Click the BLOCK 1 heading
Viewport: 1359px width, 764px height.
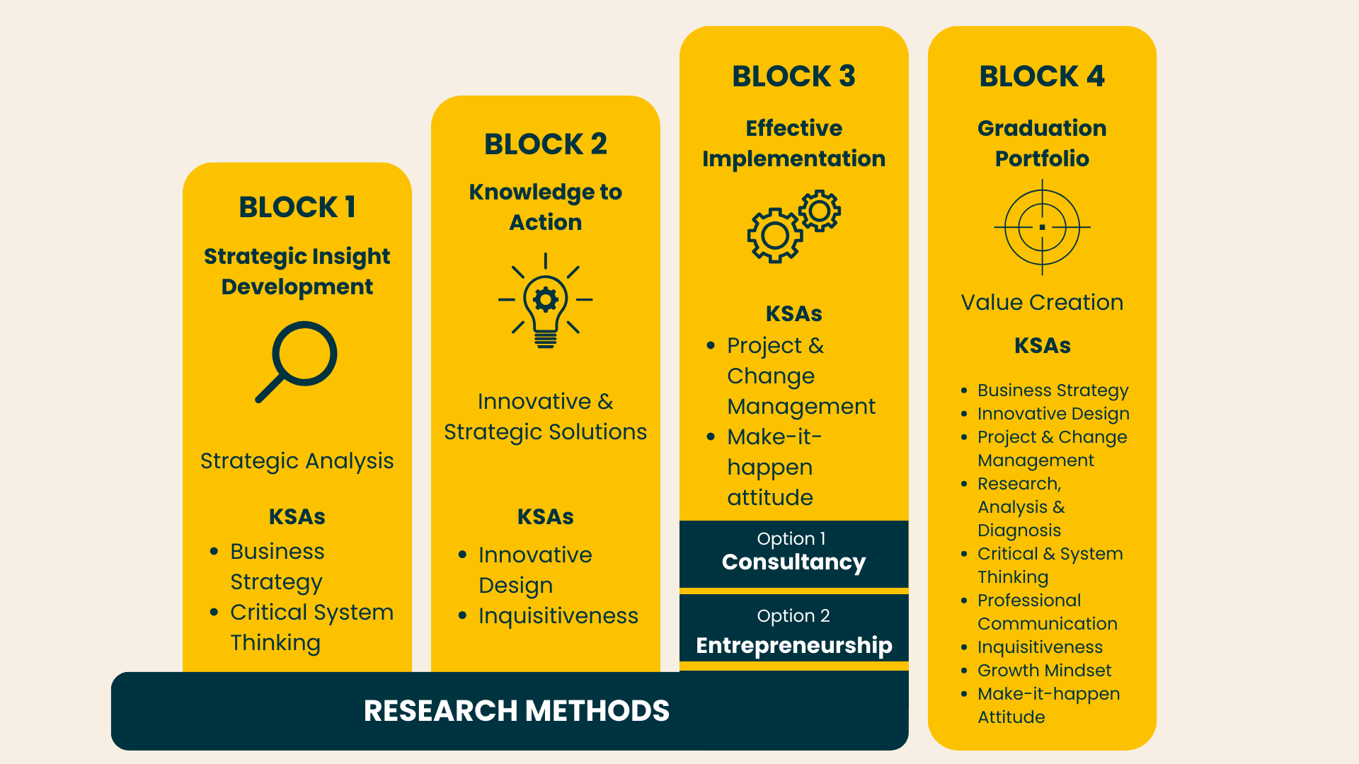[x=297, y=207]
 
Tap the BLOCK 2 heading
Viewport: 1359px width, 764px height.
[x=546, y=144]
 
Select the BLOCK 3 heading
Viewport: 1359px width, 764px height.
[x=793, y=76]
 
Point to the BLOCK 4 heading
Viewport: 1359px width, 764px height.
[x=1042, y=76]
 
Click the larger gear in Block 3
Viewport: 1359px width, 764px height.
[x=775, y=236]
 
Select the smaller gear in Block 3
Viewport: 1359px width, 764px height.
[x=820, y=211]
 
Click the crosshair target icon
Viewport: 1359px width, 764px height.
[x=1042, y=227]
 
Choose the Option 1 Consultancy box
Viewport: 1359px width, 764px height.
[x=793, y=554]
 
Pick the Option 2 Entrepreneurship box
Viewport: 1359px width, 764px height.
[x=793, y=627]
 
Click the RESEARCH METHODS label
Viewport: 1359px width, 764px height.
[x=517, y=711]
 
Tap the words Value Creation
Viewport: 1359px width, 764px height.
[x=1042, y=303]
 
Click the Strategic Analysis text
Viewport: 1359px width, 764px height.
[x=297, y=461]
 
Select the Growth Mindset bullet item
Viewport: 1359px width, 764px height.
[x=1045, y=670]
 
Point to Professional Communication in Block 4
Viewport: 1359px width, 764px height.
[x=1048, y=612]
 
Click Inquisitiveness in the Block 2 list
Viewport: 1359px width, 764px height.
[x=558, y=616]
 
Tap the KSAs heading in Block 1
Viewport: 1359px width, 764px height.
[x=297, y=517]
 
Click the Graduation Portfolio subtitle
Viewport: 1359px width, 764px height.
[x=1042, y=144]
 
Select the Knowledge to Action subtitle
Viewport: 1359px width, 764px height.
[x=546, y=207]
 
